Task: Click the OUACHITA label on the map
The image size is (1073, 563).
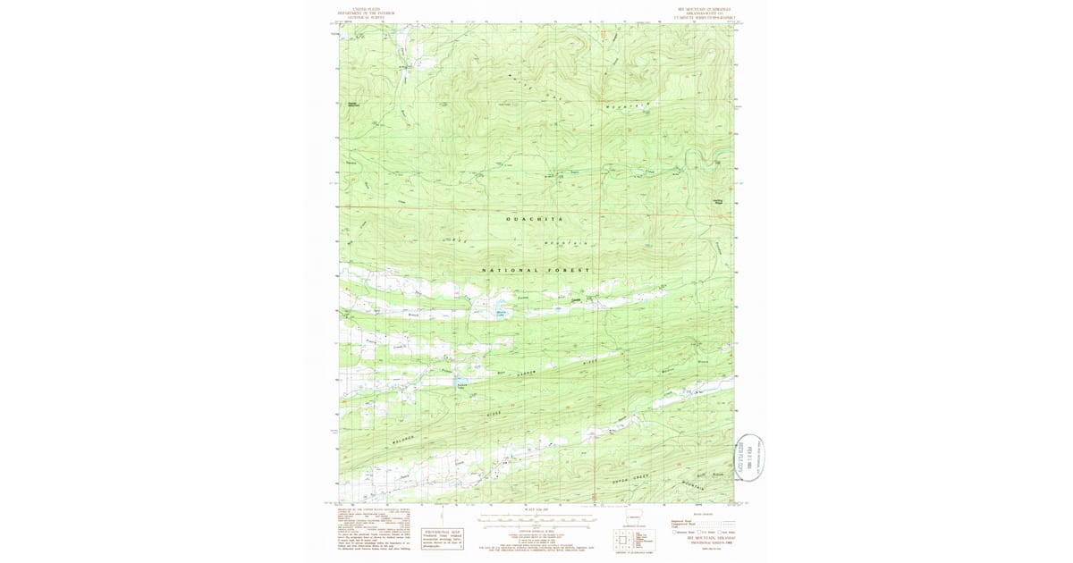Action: pyautogui.click(x=536, y=219)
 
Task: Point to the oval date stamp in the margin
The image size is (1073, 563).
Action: pyautogui.click(x=749, y=457)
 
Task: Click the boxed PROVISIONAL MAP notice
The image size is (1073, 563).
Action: pyautogui.click(x=444, y=537)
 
